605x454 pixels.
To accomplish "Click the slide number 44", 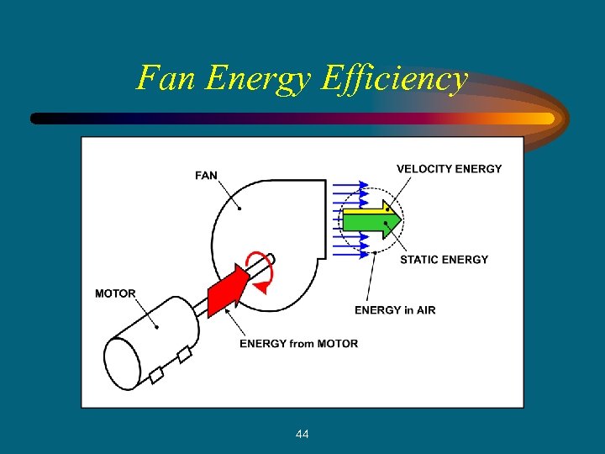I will pos(302,434).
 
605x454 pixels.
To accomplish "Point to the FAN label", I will pos(206,176).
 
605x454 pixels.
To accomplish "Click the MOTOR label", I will pos(115,293).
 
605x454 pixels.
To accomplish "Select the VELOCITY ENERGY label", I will pos(449,169).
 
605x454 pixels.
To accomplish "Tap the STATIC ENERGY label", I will pos(444,260).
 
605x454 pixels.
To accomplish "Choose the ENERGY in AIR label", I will pos(395,310).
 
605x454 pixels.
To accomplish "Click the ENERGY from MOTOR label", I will pos(298,343).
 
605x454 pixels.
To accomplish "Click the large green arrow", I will pos(370,222).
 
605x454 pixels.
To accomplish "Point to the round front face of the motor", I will pos(124,363).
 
